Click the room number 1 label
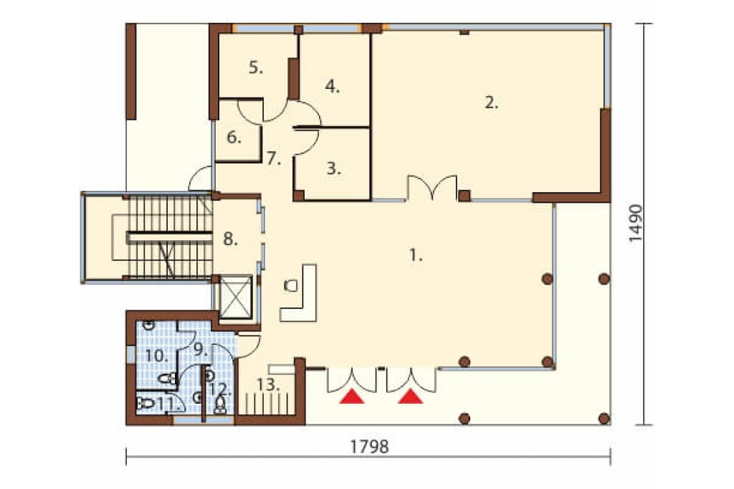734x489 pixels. click(416, 255)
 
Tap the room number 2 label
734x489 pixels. click(491, 102)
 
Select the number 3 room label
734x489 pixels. click(334, 168)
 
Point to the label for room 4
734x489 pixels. click(333, 87)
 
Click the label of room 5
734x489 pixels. click(256, 67)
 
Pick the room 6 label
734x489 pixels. click(234, 138)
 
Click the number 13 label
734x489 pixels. click(268, 385)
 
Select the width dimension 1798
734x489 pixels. click(369, 447)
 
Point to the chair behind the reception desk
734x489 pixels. click(291, 285)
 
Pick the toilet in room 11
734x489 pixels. click(145, 403)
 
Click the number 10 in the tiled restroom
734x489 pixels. click(156, 356)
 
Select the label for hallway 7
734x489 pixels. click(274, 159)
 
